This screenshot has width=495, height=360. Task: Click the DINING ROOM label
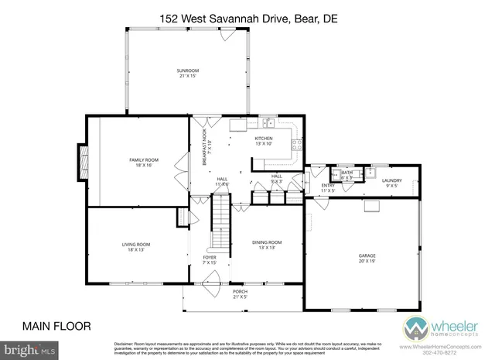pos(267,245)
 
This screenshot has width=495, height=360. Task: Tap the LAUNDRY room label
pos(391,183)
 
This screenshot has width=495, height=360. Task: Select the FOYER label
pos(210,259)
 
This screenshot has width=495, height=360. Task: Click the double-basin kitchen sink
pos(268,122)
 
